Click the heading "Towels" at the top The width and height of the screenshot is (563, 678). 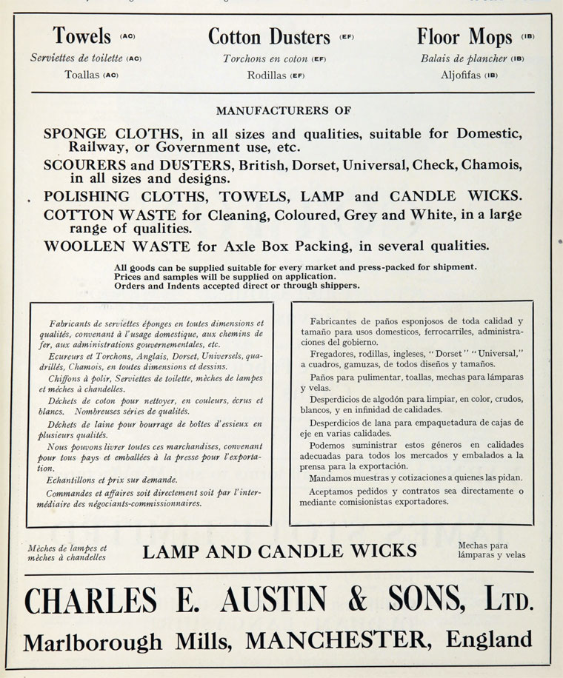coord(81,36)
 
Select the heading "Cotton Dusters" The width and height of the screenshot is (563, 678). coord(268,36)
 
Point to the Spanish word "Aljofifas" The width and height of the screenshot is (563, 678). coord(462,75)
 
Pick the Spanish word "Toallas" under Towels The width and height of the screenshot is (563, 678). coord(82,75)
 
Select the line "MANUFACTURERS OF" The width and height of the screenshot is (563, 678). coord(283,111)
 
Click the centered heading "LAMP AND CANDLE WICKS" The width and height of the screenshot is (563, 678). coord(279,551)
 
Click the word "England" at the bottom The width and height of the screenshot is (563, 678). coord(490,639)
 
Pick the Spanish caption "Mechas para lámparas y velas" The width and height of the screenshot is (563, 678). coord(491,550)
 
